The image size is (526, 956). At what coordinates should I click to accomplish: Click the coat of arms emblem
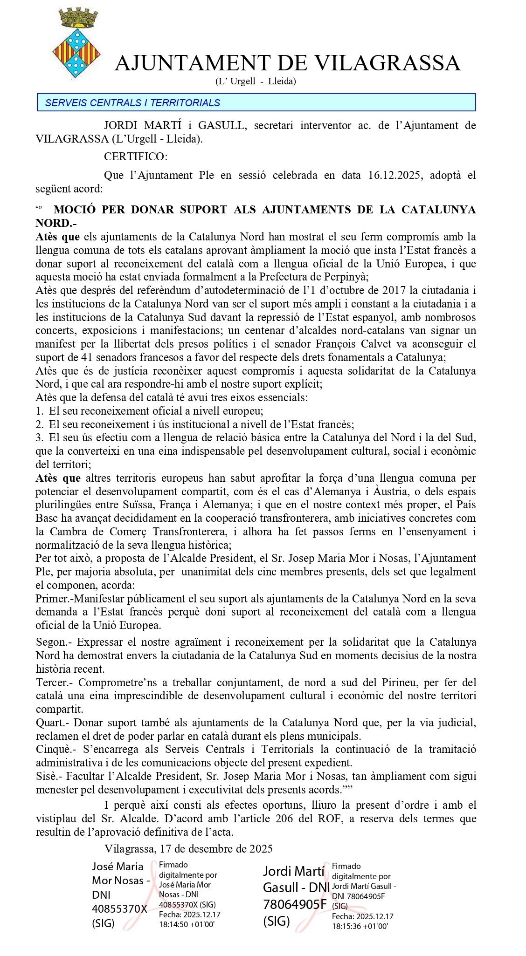pos(76,44)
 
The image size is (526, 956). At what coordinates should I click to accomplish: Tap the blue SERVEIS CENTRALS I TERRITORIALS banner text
pos(132,103)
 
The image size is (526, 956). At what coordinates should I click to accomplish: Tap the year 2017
pos(394,290)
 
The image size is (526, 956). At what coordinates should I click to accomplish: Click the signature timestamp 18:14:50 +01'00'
pos(187,924)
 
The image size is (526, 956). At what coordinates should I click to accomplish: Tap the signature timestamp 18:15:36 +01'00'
pos(360,926)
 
